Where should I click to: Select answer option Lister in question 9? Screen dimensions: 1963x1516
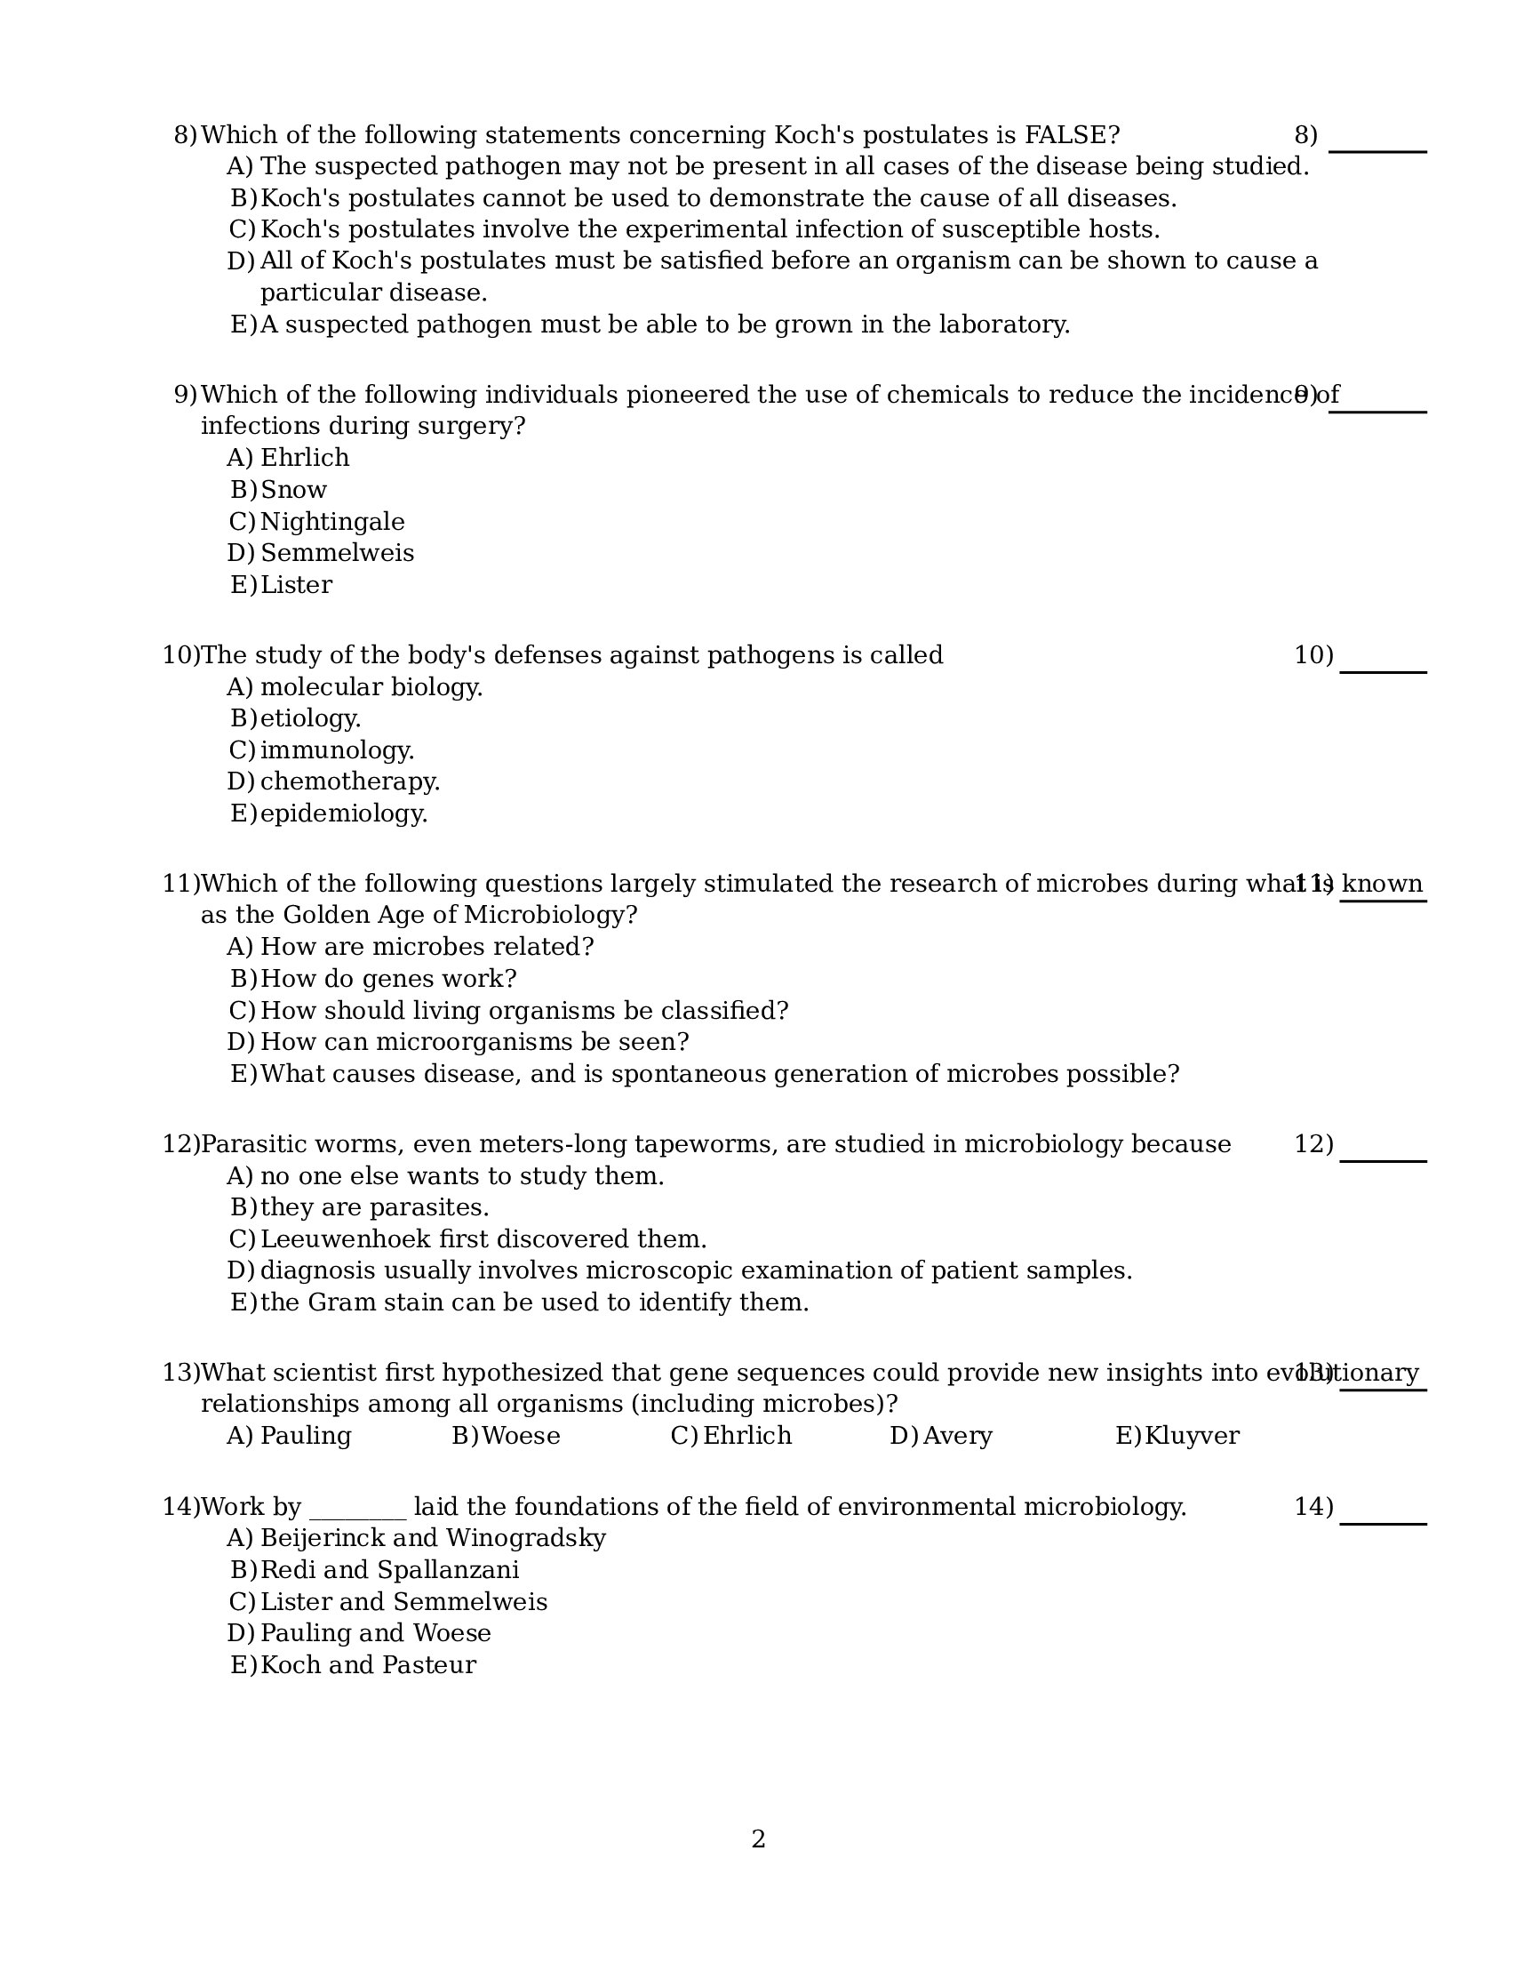[x=296, y=585]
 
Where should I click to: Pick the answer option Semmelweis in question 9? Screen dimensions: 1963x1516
[x=337, y=553]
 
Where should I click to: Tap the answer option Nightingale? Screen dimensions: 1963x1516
[x=331, y=521]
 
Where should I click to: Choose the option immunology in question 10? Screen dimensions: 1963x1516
[x=336, y=749]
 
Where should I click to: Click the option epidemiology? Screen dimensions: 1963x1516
[x=343, y=813]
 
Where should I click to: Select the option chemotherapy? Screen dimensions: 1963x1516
[x=349, y=781]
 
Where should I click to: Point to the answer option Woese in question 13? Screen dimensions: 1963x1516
[x=521, y=1436]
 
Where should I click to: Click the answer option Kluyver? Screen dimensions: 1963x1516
[x=1192, y=1436]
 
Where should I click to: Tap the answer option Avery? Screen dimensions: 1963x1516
[x=957, y=1436]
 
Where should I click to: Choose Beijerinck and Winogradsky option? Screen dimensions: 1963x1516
[x=432, y=1538]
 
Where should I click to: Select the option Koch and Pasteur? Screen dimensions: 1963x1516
[x=368, y=1664]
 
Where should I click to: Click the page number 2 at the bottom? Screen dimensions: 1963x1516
[x=757, y=1839]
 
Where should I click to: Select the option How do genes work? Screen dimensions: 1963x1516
[x=388, y=979]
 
